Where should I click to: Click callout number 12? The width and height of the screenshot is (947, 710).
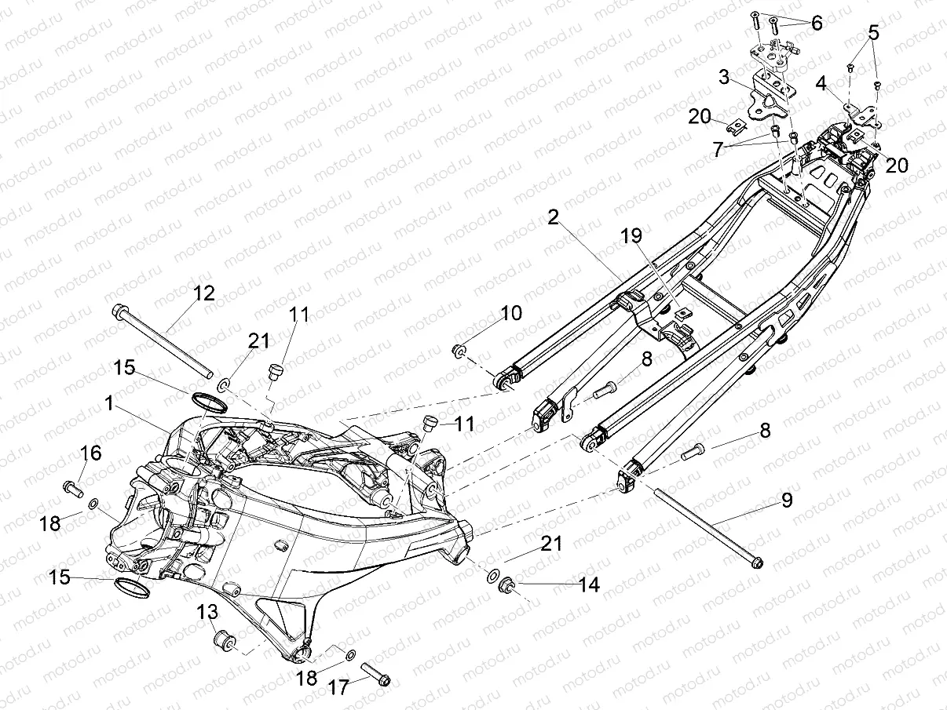(x=203, y=293)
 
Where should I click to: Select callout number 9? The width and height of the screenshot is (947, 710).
(x=786, y=499)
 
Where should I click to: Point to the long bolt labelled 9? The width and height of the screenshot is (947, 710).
(x=707, y=526)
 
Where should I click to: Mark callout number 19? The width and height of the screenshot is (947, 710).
(x=631, y=235)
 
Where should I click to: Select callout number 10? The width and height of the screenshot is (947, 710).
(x=510, y=313)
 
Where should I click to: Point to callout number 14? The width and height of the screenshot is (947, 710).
(x=589, y=584)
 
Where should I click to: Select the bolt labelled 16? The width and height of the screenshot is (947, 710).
(x=73, y=488)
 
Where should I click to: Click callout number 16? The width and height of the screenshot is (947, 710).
(x=91, y=453)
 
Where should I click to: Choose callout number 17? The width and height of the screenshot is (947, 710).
(x=338, y=688)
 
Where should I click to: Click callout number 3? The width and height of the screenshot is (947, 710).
(x=724, y=77)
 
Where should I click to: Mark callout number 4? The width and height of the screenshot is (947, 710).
(x=821, y=82)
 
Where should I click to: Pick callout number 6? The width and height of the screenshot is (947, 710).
(x=817, y=23)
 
